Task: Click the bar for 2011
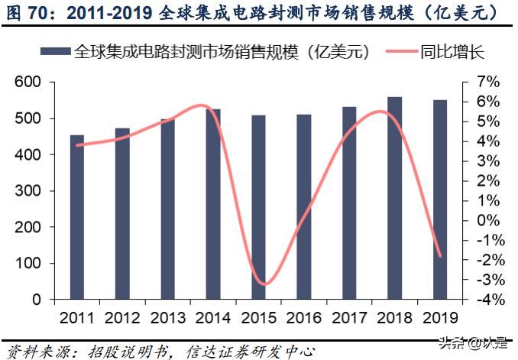pos(77,217)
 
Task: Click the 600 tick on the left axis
pos(27,83)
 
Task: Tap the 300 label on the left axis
pos(27,191)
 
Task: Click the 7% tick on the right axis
pos(487,83)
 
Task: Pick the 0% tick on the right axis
pos(487,220)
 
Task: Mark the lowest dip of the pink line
pos(262,284)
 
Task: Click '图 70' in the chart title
pos(28,13)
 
